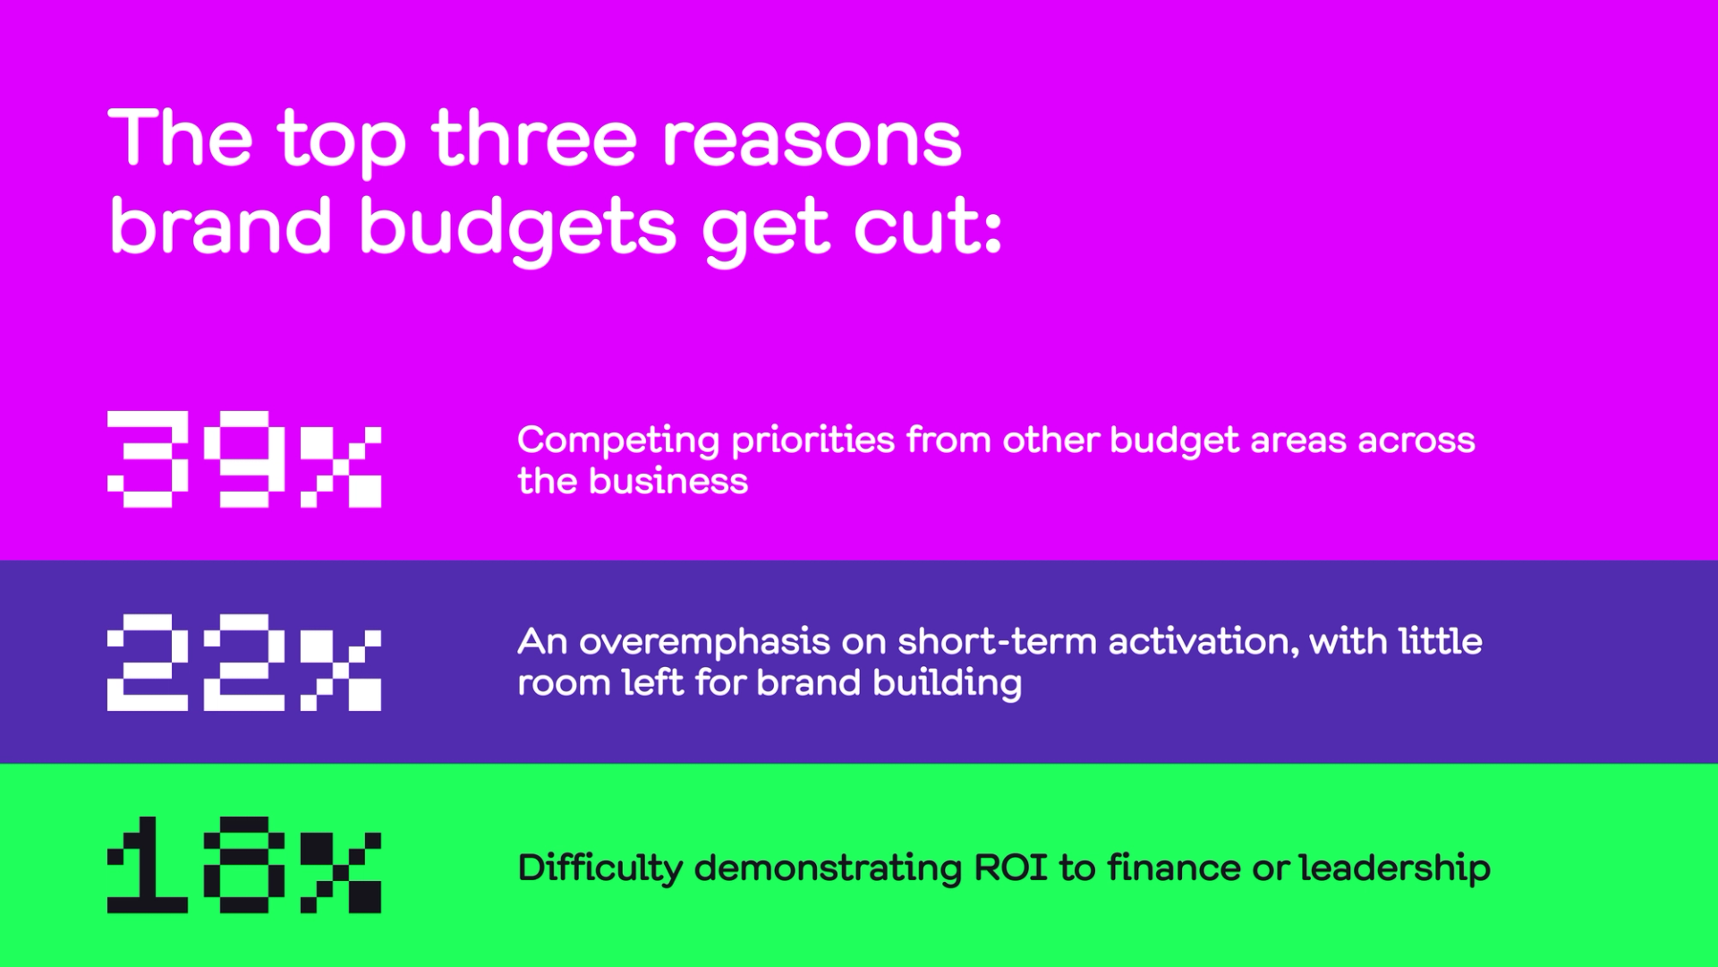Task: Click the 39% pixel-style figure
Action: coord(244,459)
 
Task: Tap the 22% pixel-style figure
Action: coord(244,663)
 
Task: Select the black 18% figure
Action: coord(244,865)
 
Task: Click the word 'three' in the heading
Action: coord(535,138)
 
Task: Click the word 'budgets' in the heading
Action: coord(518,229)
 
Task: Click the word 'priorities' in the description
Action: coord(812,441)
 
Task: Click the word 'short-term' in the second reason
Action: coord(997,641)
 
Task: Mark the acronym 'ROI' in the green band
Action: coord(1010,868)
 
